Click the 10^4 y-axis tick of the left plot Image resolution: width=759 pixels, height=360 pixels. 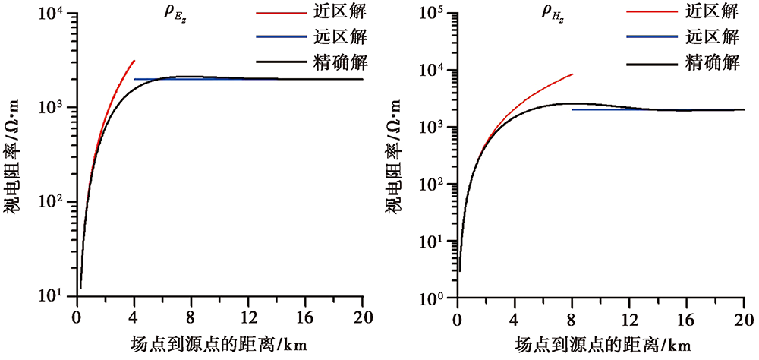pyautogui.click(x=53, y=14)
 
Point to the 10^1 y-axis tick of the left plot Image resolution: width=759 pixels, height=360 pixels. pyautogui.click(x=53, y=296)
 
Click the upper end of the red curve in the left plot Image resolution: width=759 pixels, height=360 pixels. pyautogui.click(x=134, y=61)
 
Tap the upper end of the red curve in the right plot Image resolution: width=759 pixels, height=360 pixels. pyautogui.click(x=572, y=74)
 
